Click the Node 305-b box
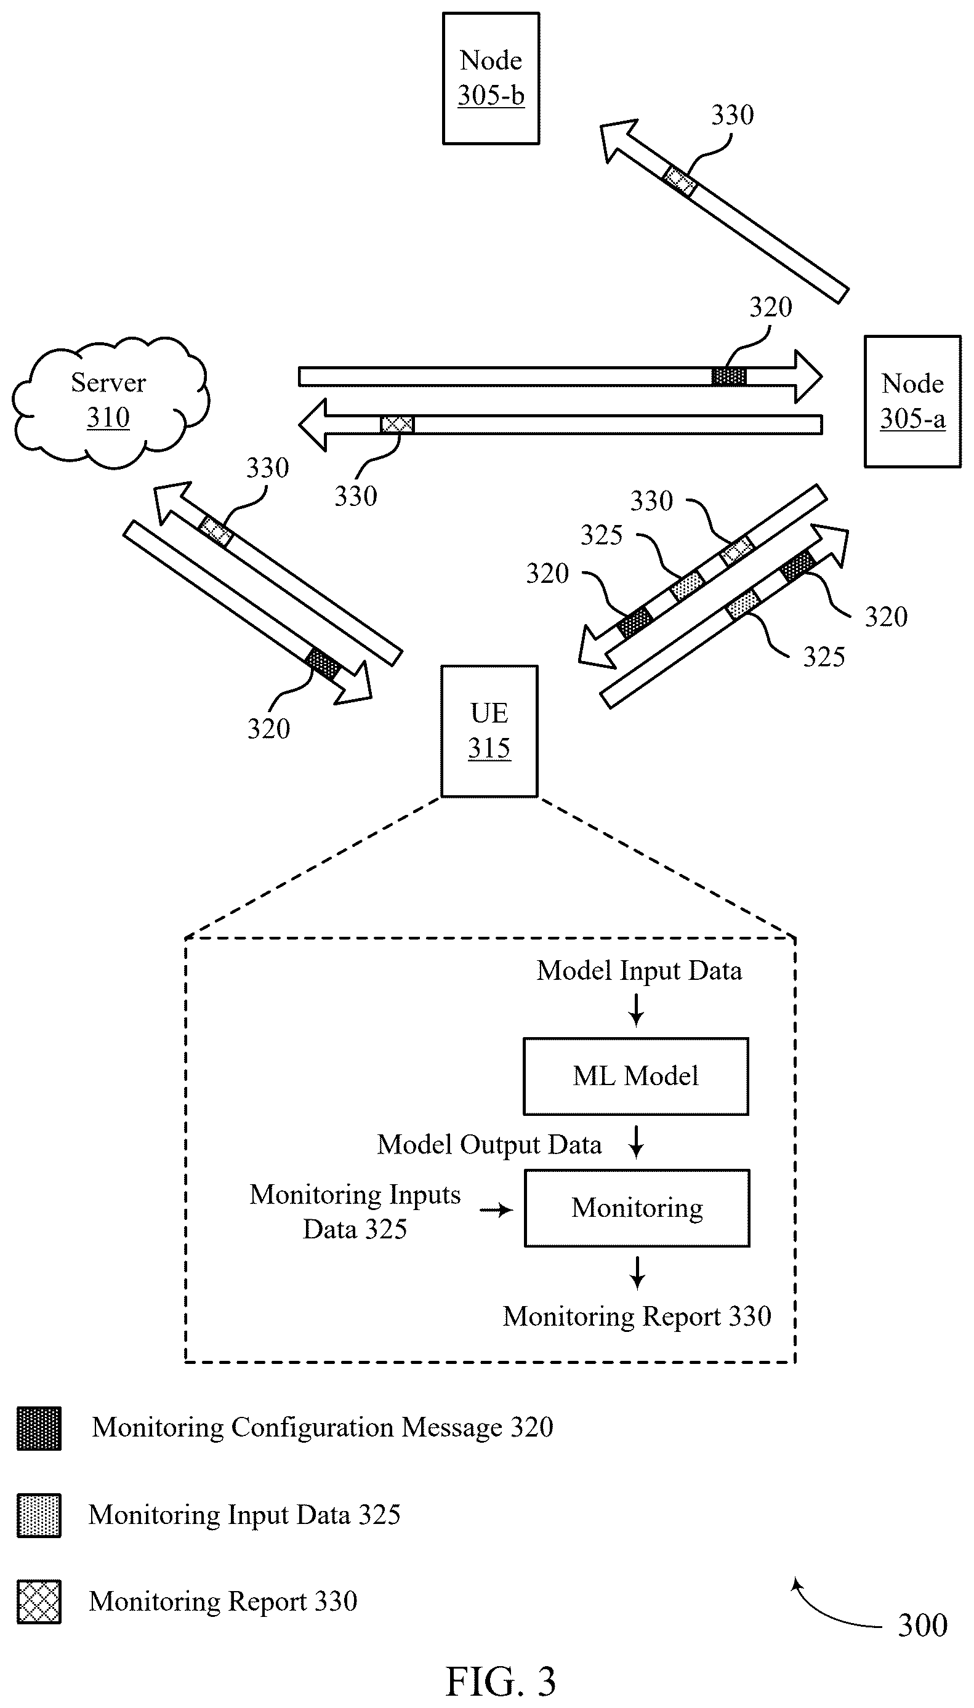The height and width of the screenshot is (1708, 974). coord(491,78)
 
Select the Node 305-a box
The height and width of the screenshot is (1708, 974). coord(912,401)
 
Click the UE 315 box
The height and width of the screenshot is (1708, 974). coord(489,731)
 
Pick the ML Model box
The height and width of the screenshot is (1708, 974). coord(635,1076)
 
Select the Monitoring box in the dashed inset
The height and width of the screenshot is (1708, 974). coord(637,1208)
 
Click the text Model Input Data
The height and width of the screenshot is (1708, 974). coord(639,971)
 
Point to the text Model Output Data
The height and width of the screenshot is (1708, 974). coord(489,1145)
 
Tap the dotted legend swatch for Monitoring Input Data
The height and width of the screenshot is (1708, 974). coord(39,1515)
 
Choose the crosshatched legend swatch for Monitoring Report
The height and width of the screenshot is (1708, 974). coord(39,1602)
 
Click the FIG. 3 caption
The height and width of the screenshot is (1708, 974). coord(501,1682)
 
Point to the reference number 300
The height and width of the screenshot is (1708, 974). coord(922,1625)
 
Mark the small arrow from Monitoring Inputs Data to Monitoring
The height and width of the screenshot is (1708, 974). coord(496,1210)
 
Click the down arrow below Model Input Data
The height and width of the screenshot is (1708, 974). coord(636,1010)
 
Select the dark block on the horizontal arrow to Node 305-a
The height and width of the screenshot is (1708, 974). coord(728,377)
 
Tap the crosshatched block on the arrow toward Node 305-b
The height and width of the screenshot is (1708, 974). coord(679,181)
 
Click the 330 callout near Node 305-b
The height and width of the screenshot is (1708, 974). coord(733,115)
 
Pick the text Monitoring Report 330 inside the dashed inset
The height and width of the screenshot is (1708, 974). coord(637,1316)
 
